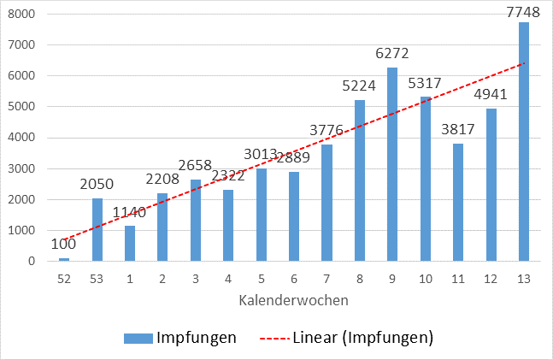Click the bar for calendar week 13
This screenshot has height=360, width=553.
point(524,141)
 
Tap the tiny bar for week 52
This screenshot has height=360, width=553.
point(64,259)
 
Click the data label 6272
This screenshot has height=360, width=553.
point(392,53)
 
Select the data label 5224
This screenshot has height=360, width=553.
point(360,86)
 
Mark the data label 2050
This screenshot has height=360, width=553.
point(97,184)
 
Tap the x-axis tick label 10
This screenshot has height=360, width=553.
point(425,279)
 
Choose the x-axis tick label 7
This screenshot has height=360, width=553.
point(327,279)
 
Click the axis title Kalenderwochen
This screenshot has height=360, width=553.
point(294,300)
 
